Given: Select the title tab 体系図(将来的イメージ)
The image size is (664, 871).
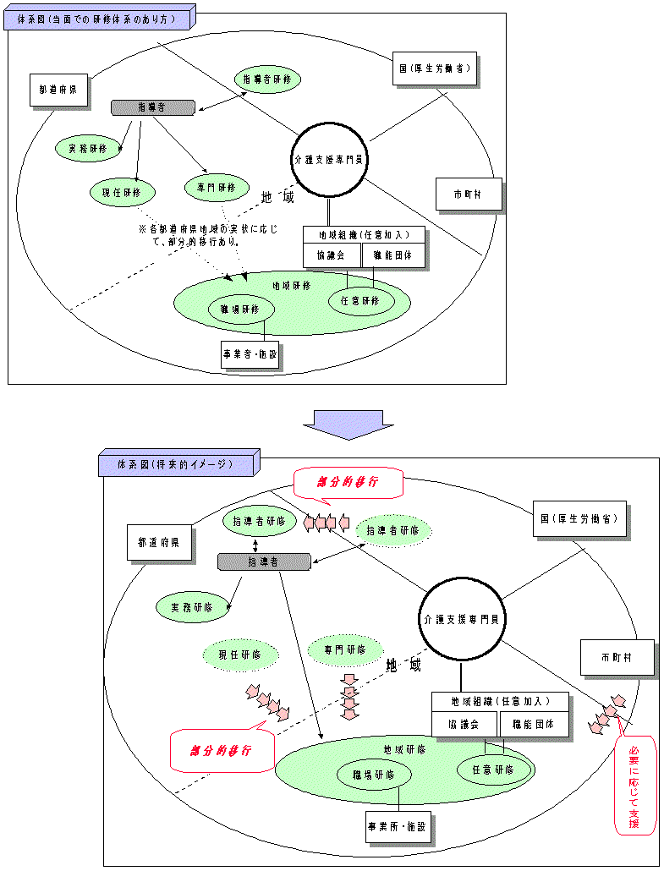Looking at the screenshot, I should coord(175,464).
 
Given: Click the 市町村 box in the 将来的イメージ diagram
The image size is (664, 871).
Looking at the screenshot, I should coord(616,657).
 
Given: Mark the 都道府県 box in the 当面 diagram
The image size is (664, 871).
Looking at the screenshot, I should coord(59,90).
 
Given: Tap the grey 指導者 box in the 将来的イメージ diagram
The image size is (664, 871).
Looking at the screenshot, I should coord(263,561).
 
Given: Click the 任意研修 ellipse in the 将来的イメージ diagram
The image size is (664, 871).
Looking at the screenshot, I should coord(493,770).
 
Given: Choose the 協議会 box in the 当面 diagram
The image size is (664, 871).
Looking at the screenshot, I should coord(331,255).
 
